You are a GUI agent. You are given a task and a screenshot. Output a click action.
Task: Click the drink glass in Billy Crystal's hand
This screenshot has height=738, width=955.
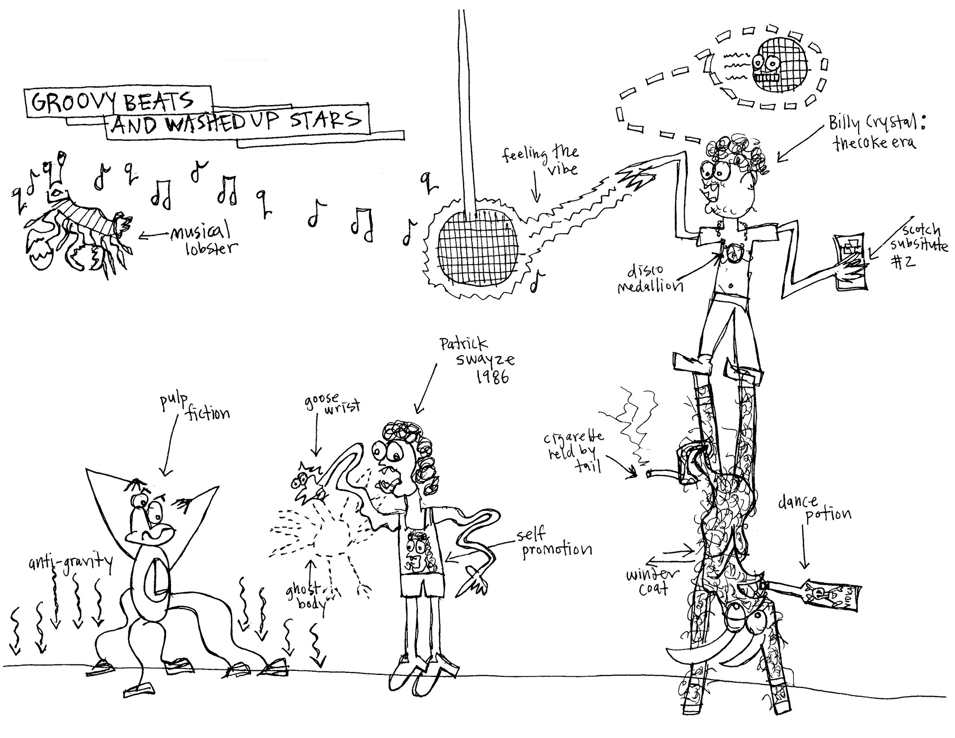pyautogui.click(x=850, y=261)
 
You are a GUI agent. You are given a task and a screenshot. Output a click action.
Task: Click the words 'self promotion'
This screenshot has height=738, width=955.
pyautogui.click(x=555, y=543)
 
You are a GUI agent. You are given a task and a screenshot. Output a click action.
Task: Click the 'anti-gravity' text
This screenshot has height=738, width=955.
pyautogui.click(x=70, y=563)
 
